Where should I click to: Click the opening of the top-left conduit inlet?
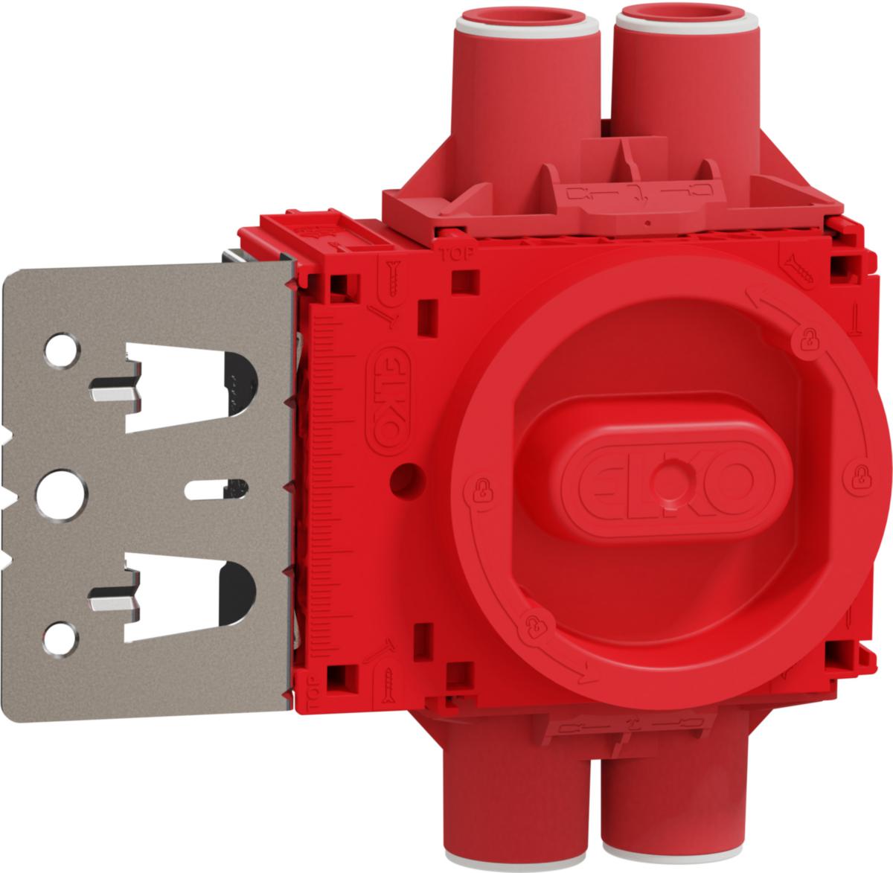click(x=526, y=17)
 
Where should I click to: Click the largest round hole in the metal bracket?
click(x=62, y=494)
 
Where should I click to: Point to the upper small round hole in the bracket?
click(x=62, y=351)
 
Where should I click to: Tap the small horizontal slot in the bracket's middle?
click(x=216, y=489)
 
